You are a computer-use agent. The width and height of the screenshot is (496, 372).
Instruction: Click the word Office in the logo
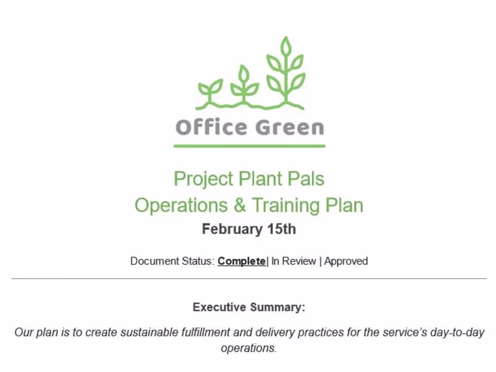click(x=211, y=127)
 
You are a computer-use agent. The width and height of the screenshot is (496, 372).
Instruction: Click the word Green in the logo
click(x=290, y=128)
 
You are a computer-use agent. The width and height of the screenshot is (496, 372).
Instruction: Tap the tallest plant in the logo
click(x=286, y=72)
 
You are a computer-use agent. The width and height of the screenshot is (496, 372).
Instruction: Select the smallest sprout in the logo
click(x=210, y=91)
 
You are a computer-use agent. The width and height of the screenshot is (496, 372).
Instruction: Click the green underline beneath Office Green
click(x=249, y=146)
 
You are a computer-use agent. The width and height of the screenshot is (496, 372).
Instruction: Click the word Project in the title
click(x=203, y=179)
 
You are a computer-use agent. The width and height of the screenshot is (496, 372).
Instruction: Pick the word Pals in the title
click(x=306, y=179)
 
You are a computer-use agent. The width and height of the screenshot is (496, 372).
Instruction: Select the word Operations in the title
click(x=181, y=205)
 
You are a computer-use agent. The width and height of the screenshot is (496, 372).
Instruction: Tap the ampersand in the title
click(x=240, y=205)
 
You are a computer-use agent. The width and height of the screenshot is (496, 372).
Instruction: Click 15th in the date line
click(x=281, y=229)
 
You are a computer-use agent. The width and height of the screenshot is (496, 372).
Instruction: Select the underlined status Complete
click(x=242, y=261)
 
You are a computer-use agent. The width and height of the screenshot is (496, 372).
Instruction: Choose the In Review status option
click(x=294, y=261)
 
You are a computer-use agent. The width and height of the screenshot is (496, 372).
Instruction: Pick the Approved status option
click(x=346, y=261)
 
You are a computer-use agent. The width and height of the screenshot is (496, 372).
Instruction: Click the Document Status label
click(x=173, y=261)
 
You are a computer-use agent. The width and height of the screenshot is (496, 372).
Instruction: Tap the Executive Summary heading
click(x=249, y=307)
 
